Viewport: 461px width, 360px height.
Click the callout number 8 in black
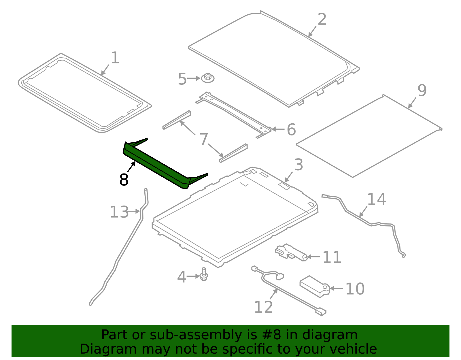click(124, 180)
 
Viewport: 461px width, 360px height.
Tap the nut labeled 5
click(208, 78)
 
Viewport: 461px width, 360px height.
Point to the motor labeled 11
click(291, 252)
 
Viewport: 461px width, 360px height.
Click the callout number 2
click(322, 19)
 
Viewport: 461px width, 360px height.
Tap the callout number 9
click(422, 91)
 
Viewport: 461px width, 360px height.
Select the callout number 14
click(377, 199)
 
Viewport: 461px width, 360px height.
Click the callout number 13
click(119, 212)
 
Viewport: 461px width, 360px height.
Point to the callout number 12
click(263, 307)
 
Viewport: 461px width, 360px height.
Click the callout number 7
click(204, 139)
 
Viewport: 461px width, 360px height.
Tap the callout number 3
click(298, 165)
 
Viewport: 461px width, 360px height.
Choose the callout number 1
click(115, 58)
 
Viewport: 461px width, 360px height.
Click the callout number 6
click(291, 129)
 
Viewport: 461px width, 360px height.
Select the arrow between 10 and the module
click(336, 288)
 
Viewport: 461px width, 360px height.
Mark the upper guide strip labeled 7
click(177, 120)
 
